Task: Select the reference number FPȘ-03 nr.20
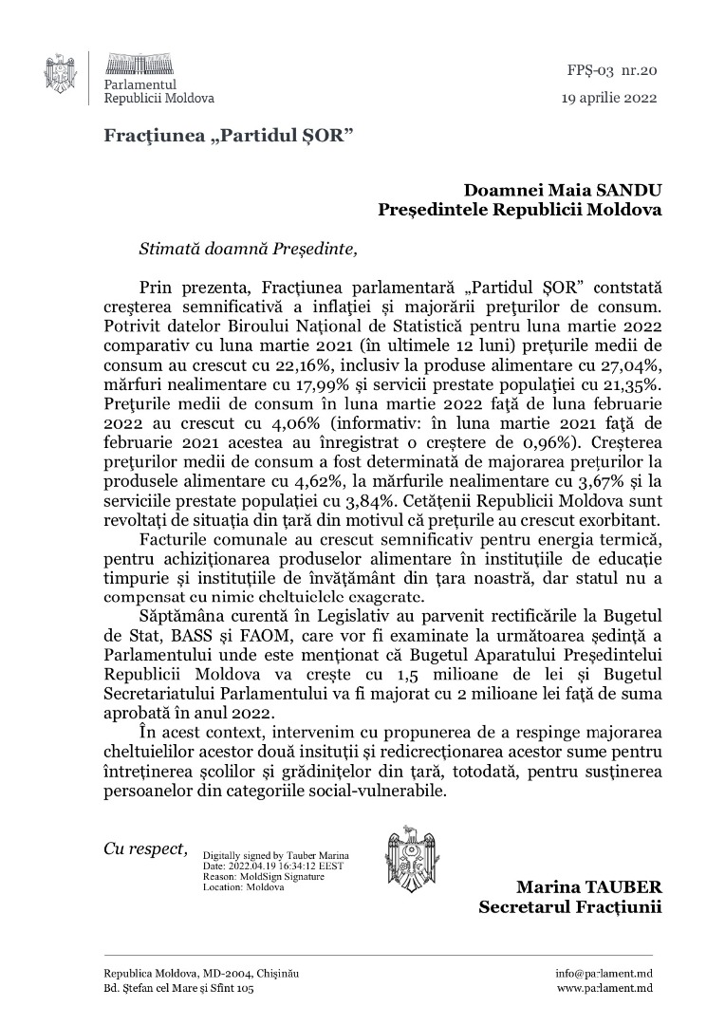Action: (616, 69)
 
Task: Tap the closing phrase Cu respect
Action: (145, 848)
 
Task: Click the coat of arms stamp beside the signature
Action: (411, 858)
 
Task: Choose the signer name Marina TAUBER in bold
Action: (588, 886)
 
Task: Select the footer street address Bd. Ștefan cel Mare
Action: (178, 989)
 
